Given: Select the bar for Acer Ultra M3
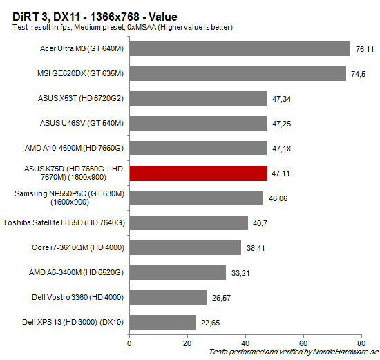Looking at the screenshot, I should (240, 48).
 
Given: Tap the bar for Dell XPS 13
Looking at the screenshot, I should (162, 322).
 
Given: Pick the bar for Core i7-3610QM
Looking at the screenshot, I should (185, 247).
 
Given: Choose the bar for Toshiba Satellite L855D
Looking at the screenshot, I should (189, 222).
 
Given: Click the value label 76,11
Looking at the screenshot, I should (365, 49).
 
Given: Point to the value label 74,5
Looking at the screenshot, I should (358, 74).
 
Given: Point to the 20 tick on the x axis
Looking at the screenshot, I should (187, 341).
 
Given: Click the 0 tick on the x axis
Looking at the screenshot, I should (129, 341).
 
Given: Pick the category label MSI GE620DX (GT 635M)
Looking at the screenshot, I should (80, 74).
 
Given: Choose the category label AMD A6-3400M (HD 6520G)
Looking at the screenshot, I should (77, 273).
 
